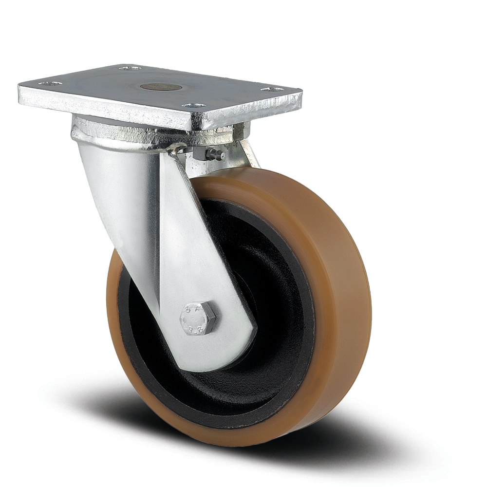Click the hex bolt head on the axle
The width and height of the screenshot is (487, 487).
pyautogui.click(x=197, y=318)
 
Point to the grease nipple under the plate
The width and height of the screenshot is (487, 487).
pyautogui.click(x=215, y=154)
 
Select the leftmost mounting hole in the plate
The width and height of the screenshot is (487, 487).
pyautogui.click(x=51, y=84)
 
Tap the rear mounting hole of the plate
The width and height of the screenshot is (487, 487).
pyautogui.click(x=130, y=68)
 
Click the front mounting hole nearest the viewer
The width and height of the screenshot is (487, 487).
pyautogui.click(x=194, y=106)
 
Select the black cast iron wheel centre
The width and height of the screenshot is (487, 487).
pyautogui.click(x=273, y=312)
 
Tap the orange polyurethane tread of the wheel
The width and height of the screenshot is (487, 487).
pyautogui.click(x=336, y=292)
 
